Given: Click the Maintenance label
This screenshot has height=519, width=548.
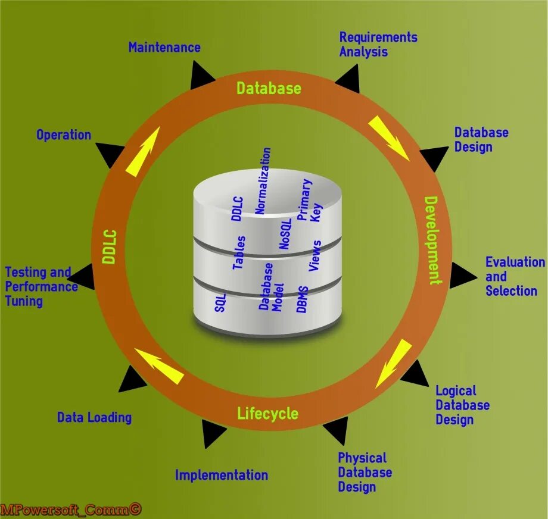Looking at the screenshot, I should [x=164, y=48].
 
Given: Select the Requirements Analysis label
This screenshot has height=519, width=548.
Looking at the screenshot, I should [x=378, y=45].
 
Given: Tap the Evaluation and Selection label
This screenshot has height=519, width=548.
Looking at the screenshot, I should [x=514, y=277].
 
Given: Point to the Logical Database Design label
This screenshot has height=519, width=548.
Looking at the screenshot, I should [x=462, y=405].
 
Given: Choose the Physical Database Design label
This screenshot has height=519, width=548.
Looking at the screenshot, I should [x=365, y=473].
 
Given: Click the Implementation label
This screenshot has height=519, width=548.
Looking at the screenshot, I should [x=221, y=475].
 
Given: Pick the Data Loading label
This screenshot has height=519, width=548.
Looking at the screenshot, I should [x=94, y=417].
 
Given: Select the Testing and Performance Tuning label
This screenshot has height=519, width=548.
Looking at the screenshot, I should [x=41, y=286].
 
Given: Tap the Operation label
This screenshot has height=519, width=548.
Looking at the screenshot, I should [x=64, y=135].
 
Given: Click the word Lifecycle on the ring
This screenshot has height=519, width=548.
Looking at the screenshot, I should [x=267, y=413].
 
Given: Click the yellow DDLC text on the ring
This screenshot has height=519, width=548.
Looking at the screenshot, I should [x=109, y=246].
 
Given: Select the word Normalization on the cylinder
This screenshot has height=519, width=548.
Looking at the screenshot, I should [x=263, y=181].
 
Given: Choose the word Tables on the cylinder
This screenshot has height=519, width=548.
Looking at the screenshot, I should [x=239, y=252].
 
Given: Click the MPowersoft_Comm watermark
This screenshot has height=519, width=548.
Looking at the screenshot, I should [x=71, y=509].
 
